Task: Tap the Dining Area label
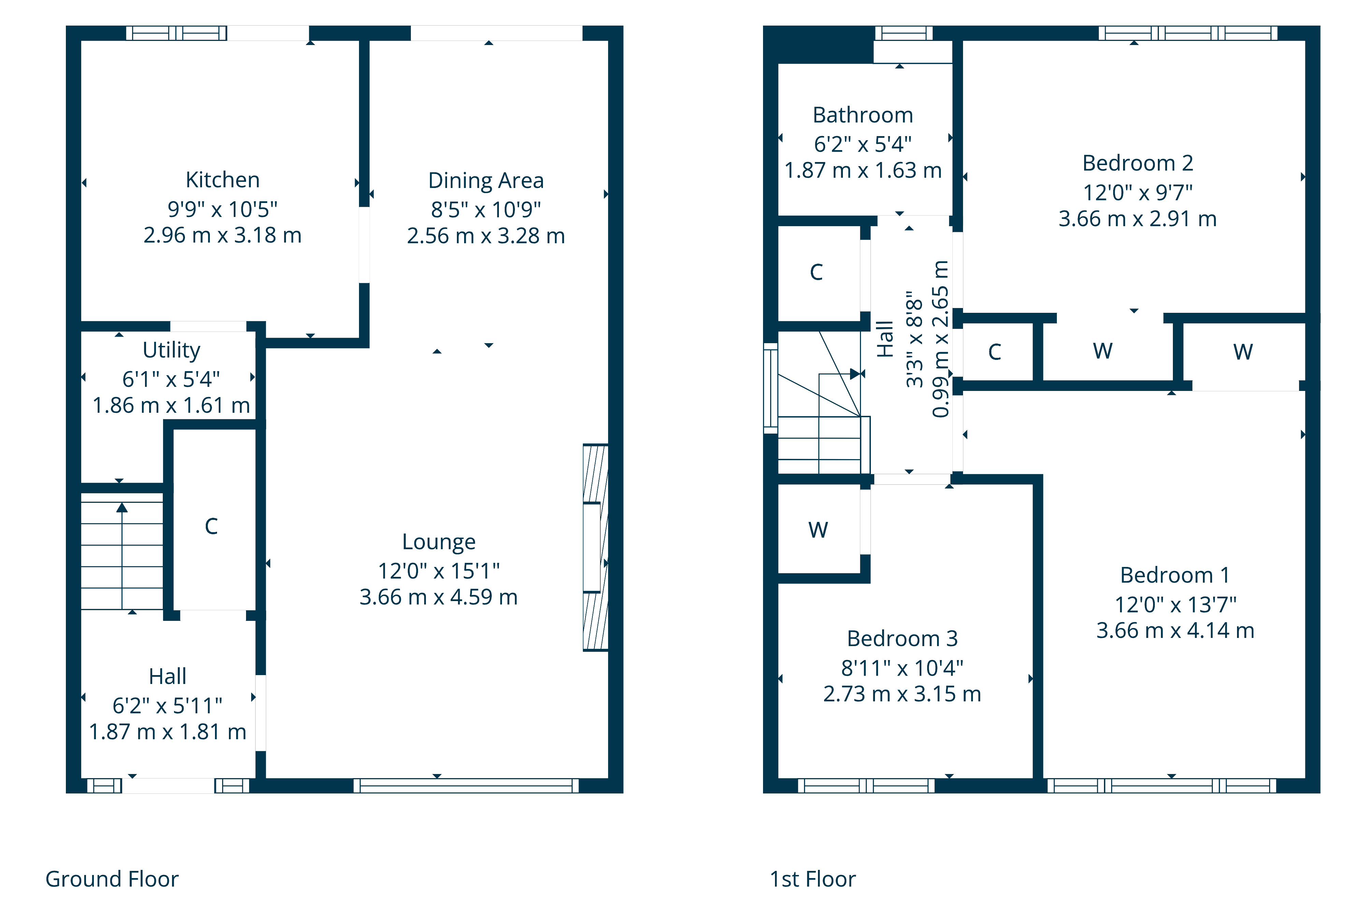(x=486, y=180)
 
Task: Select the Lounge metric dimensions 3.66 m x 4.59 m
(x=439, y=597)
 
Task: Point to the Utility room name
(x=171, y=350)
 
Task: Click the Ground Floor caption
(x=112, y=879)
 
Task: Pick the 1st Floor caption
(x=813, y=879)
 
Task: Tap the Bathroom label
(x=863, y=115)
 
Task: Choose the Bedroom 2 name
(x=1137, y=163)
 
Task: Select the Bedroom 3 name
(x=902, y=638)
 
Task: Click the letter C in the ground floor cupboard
(x=211, y=526)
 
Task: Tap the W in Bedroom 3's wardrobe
(x=818, y=530)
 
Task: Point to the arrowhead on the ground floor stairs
(x=122, y=508)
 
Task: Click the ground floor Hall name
(x=168, y=676)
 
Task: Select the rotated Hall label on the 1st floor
(x=885, y=339)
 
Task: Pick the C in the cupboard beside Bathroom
(x=816, y=272)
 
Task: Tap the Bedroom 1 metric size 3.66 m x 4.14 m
(x=1175, y=631)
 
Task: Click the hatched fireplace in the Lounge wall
(x=595, y=548)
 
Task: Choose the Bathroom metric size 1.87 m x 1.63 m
(x=863, y=171)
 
